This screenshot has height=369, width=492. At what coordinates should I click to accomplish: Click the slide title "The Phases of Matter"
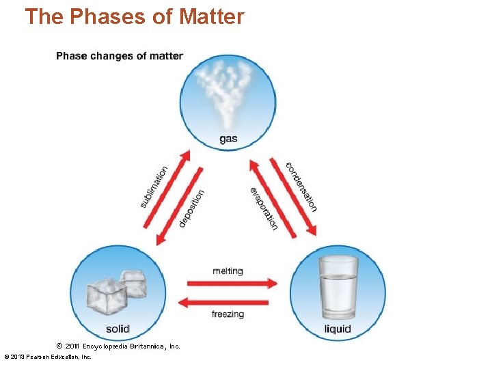pos(134,16)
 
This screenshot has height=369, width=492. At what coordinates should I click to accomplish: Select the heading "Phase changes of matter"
pos(120,55)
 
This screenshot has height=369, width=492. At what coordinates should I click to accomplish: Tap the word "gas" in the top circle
pos(228,139)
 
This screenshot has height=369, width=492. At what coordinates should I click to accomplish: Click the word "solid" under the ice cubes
pos(118,329)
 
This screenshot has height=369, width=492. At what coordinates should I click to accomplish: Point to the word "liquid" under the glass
pos(338,329)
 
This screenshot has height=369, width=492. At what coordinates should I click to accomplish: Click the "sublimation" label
pos(154,187)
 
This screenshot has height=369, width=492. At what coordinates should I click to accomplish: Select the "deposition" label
pos(191,208)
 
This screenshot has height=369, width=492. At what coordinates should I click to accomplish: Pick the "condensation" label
pos(301,187)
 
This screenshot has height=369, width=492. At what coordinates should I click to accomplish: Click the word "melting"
pos(228,271)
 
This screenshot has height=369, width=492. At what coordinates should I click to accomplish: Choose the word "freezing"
pos(228,314)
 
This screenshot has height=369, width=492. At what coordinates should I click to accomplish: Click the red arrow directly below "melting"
pos(232,283)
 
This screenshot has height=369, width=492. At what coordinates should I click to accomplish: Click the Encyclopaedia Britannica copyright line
pos(118,346)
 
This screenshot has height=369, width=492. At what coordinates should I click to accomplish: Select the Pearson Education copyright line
pos(48,357)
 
